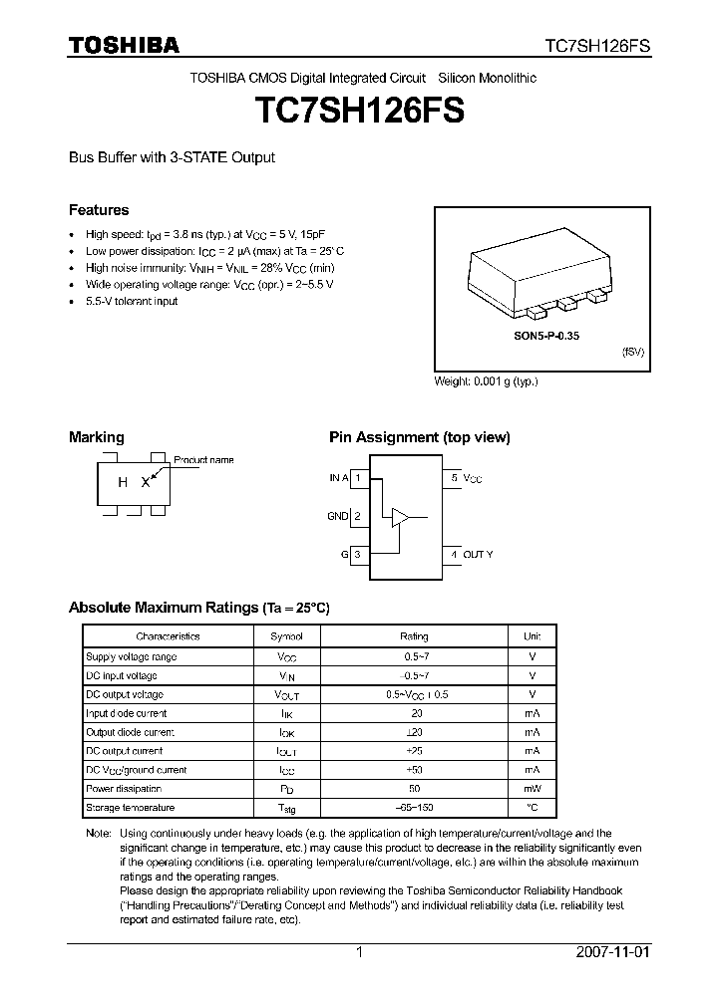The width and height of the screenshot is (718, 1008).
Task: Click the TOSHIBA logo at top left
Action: tap(124, 46)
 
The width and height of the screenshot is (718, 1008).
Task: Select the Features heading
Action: tap(99, 210)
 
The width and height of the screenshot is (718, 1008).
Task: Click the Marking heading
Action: tap(96, 436)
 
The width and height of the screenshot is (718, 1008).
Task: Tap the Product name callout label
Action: tap(203, 460)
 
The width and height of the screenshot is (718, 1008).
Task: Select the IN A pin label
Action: tap(339, 478)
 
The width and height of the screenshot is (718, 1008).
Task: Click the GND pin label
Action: tap(338, 516)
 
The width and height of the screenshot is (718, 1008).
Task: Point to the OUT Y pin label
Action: tap(478, 554)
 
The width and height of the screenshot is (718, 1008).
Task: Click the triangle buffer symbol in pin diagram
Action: tap(400, 516)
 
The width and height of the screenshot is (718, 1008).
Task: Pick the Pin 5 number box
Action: tap(454, 478)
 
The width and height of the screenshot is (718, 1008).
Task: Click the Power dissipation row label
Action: tap(124, 789)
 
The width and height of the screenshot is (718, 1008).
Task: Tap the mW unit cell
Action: tap(532, 789)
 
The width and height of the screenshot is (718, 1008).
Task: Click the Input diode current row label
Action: tap(127, 713)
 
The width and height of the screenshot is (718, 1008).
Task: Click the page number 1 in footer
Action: tap(359, 952)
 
